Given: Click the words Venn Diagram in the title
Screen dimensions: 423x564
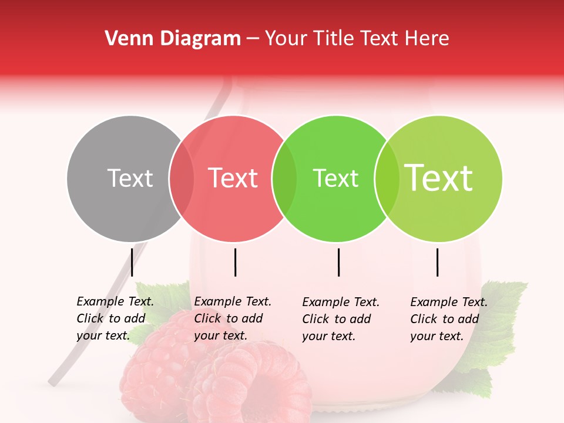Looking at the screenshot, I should point(173,39).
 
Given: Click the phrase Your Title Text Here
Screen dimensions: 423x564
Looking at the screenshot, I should point(357,39).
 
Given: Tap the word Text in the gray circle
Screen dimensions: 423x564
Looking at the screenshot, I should point(130,178).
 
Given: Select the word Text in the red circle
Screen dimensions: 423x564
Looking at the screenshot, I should point(233,178).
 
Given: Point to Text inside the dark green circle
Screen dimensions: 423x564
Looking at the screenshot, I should point(335,178).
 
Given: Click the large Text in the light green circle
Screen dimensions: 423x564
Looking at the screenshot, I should point(439,178).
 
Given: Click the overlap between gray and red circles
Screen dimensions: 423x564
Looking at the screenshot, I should point(182,179).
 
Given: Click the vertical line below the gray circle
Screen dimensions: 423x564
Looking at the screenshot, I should point(132,262).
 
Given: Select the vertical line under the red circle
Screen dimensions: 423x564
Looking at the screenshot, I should point(235,262).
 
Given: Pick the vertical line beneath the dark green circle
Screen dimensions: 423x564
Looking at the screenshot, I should point(339,262).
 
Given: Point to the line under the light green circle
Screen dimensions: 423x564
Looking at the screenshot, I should point(438,262).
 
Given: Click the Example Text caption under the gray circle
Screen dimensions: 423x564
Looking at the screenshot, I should point(115,318).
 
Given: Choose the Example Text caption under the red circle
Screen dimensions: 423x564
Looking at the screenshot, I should point(233,318).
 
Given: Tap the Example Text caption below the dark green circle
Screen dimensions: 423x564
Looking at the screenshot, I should point(341,319).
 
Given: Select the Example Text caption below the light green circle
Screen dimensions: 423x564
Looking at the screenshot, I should point(449,319).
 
